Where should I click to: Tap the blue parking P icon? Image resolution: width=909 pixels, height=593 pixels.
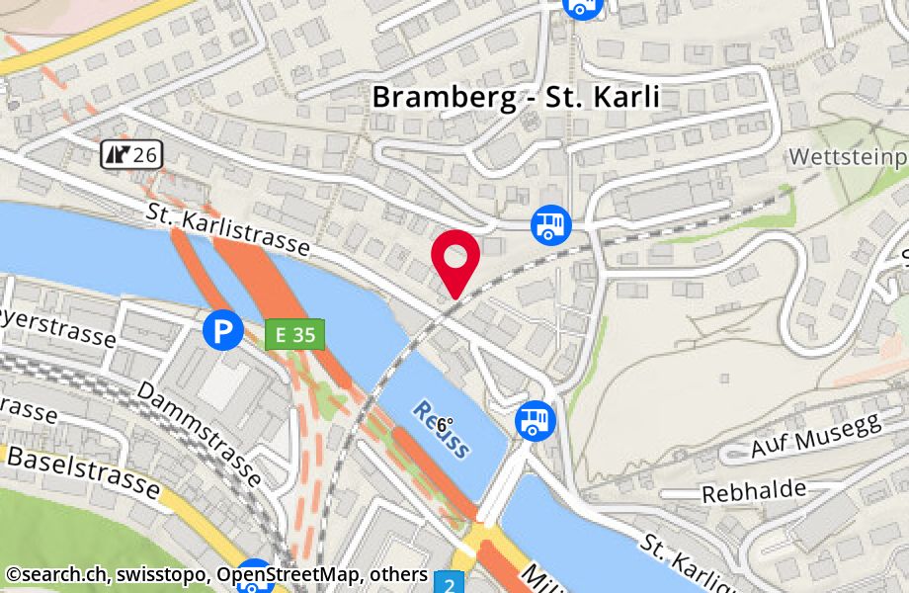222,330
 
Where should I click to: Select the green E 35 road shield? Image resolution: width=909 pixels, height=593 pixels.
294,335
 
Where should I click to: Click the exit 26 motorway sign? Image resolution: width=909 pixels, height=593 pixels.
129,153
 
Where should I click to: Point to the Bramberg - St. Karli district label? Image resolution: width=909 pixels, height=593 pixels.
514,98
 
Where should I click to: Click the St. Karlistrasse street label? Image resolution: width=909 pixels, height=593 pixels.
227,229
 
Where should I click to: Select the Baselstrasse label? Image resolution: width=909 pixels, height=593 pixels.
83,471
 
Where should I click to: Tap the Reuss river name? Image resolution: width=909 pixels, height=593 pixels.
442,428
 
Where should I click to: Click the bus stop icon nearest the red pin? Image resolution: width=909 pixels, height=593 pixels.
550,224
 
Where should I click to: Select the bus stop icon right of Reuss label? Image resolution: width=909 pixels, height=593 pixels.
535,421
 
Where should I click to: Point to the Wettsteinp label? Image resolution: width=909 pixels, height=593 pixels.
848,157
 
